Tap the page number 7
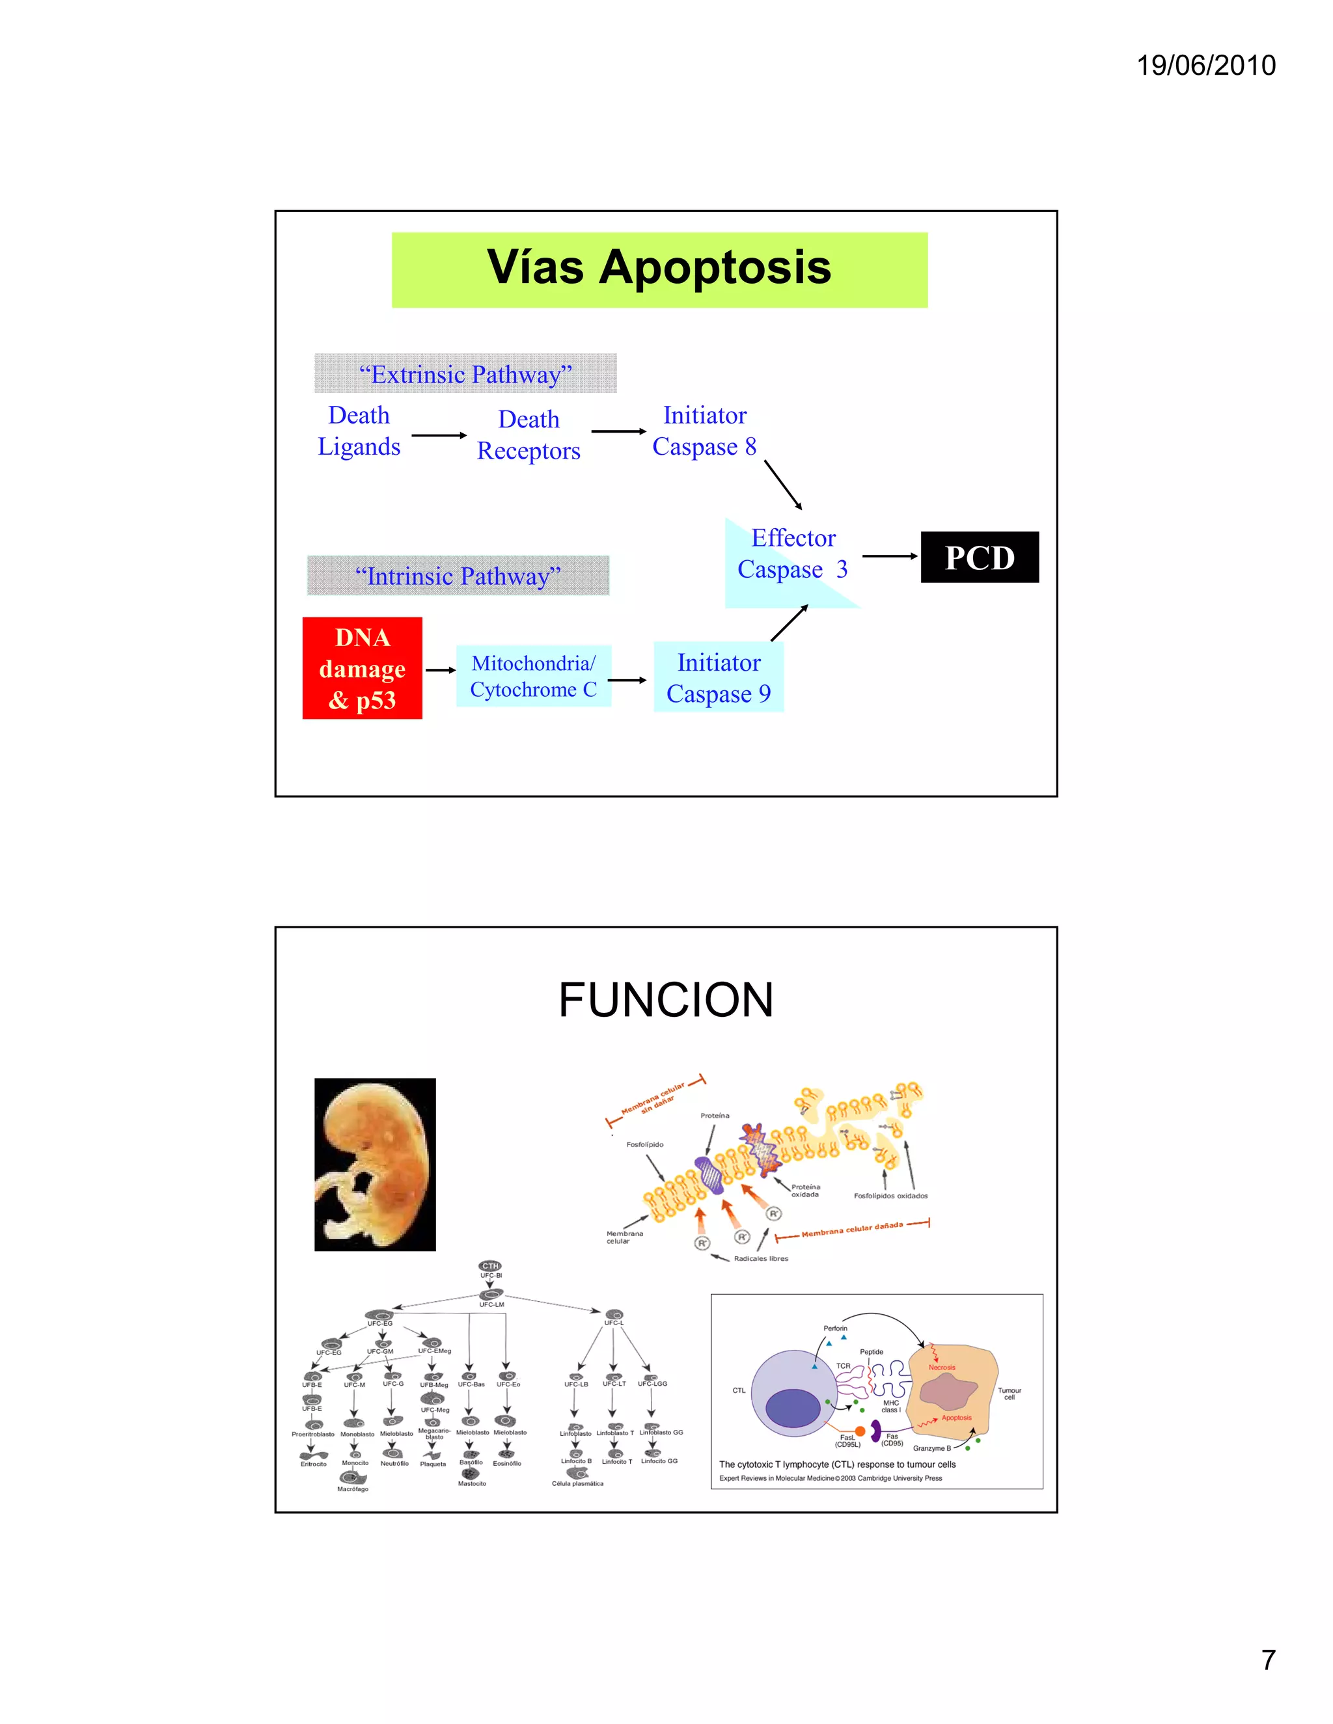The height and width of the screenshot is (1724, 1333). [1267, 1660]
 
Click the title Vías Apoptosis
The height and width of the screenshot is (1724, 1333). [659, 267]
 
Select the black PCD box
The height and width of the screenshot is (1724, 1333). [979, 558]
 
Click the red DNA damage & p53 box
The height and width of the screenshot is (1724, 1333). [363, 669]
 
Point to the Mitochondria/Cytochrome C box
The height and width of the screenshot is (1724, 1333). [534, 677]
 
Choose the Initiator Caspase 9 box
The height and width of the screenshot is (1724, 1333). [719, 677]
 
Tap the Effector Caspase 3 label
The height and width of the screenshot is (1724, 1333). [792, 554]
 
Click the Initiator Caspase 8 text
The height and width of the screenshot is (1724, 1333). [704, 431]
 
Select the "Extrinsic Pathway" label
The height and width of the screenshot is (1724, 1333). [465, 374]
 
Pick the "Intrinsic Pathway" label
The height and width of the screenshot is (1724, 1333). [458, 576]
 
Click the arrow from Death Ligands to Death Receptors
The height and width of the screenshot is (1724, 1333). [439, 435]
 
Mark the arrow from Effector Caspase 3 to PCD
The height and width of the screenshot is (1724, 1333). [890, 556]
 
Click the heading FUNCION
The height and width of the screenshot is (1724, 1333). [666, 1000]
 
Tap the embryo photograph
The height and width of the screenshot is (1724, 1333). [375, 1165]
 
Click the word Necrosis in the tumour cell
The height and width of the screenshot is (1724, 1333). [941, 1367]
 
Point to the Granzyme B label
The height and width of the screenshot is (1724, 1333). [932, 1449]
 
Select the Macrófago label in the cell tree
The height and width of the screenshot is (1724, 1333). [353, 1488]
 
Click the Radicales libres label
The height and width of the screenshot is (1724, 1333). [760, 1258]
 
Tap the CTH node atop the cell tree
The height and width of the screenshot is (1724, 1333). [490, 1265]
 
